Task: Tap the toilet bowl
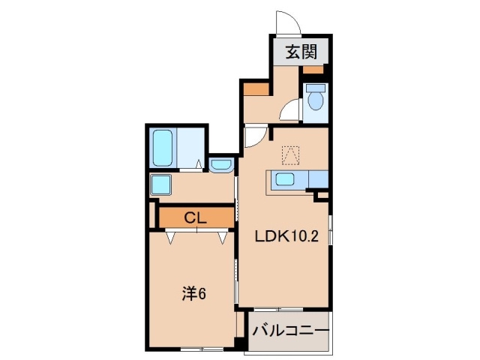(315, 98)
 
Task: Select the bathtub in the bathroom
(162, 149)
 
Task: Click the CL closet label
(196, 218)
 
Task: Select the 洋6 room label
(194, 295)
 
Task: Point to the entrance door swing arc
(286, 22)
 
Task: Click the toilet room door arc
(289, 113)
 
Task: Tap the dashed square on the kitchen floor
(289, 155)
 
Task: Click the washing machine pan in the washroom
(161, 184)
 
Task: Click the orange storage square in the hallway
(256, 89)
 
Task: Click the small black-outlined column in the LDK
(322, 196)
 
